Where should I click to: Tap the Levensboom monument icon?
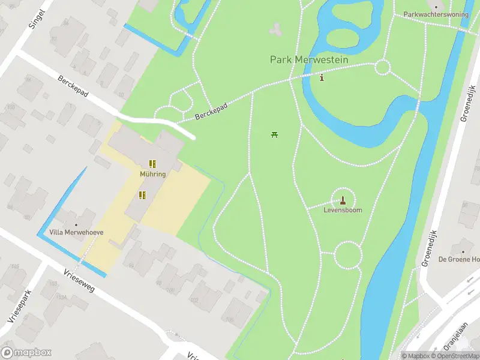click(x=343, y=200)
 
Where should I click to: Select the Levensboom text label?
click(x=343, y=211)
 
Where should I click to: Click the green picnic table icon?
click(x=274, y=134)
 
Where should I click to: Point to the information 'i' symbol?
click(x=322, y=77)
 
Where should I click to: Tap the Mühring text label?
click(x=153, y=174)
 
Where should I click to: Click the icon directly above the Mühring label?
click(x=152, y=163)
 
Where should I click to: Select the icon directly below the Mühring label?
click(x=142, y=195)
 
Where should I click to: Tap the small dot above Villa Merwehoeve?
click(x=76, y=224)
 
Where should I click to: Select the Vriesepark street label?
click(x=19, y=302)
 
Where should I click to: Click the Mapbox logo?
click(x=26, y=353)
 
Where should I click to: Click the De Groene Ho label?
click(x=459, y=259)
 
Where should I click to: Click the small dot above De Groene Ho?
click(x=462, y=250)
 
